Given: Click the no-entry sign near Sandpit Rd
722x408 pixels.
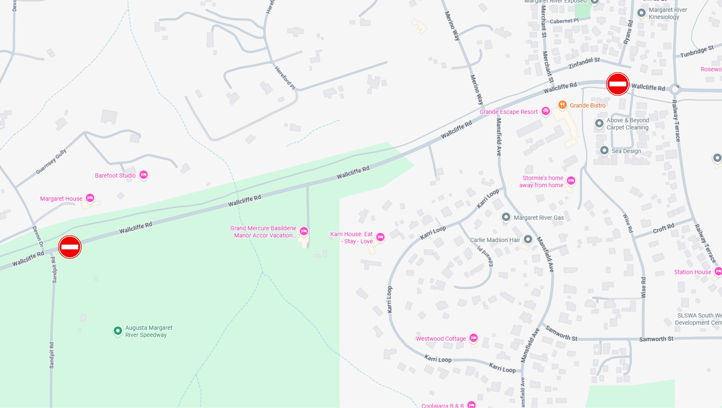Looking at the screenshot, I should pos(70,247).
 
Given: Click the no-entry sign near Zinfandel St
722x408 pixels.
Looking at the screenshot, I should pos(617,84).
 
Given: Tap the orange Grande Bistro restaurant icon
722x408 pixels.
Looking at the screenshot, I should pos(562,105).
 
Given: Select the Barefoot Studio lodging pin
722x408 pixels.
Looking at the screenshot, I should pos(144,175).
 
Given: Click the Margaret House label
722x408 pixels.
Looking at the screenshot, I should pos(61,199).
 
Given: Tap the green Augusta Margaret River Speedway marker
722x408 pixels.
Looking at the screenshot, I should pos(118,331).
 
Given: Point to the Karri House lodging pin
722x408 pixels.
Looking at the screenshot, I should pos(380,237).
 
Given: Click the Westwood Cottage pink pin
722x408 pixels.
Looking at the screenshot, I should pos(473,338).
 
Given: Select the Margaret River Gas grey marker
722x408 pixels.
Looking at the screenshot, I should pos(506,217).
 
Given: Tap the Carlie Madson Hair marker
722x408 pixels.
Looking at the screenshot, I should pos(528,239).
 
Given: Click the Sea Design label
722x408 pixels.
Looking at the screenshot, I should pos(626,151).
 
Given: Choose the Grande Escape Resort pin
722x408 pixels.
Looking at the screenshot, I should pos(545,111).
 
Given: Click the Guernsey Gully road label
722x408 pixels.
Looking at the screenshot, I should pos(51,161).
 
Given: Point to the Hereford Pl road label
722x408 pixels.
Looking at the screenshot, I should pos(285,78).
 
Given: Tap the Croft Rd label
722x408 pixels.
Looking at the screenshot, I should pos(663,228).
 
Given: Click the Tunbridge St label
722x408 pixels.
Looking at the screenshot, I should pos(696,52).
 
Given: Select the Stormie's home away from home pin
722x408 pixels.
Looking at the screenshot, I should pos(571,181).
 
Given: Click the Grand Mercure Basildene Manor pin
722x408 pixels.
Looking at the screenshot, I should pos(304,231).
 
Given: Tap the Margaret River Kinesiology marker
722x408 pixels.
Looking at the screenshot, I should pos(641,13).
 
